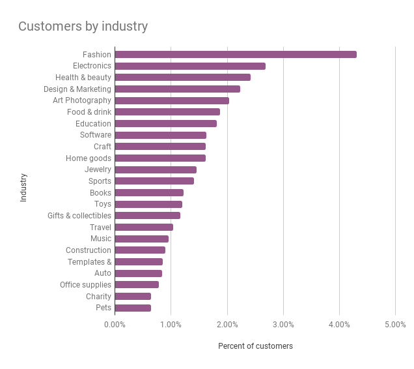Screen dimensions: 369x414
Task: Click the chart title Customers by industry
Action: pyautogui.click(x=83, y=27)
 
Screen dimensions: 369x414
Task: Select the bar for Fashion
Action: pyautogui.click(x=235, y=55)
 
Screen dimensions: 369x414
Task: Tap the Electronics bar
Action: pyautogui.click(x=189, y=66)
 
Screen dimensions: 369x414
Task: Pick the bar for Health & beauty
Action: pyautogui.click(x=182, y=78)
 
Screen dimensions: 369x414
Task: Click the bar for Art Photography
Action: pyautogui.click(x=172, y=100)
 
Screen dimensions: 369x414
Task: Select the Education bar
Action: pyautogui.click(x=165, y=124)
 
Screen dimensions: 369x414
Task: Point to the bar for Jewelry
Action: pyautogui.click(x=156, y=170)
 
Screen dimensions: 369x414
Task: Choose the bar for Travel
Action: pyautogui.click(x=144, y=228)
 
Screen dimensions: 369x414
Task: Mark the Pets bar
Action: pyautogui.click(x=133, y=308)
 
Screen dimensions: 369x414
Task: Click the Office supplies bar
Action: pyautogui.click(x=137, y=285)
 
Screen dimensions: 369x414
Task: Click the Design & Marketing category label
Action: pyautogui.click(x=77, y=89)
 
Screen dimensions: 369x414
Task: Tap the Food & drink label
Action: pyautogui.click(x=89, y=112)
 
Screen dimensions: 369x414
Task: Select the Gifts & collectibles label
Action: pyautogui.click(x=79, y=216)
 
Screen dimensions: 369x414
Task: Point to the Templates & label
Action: pyautogui.click(x=89, y=262)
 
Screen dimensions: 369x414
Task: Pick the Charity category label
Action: pyautogui.click(x=98, y=297)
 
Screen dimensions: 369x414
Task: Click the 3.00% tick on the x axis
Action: pyautogui.click(x=283, y=325)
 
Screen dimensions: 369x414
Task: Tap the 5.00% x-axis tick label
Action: pyautogui.click(x=395, y=325)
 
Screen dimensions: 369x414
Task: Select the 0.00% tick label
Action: pyautogui.click(x=115, y=325)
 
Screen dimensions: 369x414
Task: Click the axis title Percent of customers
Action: pyautogui.click(x=255, y=346)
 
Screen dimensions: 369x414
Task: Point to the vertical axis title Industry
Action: pyautogui.click(x=23, y=187)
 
